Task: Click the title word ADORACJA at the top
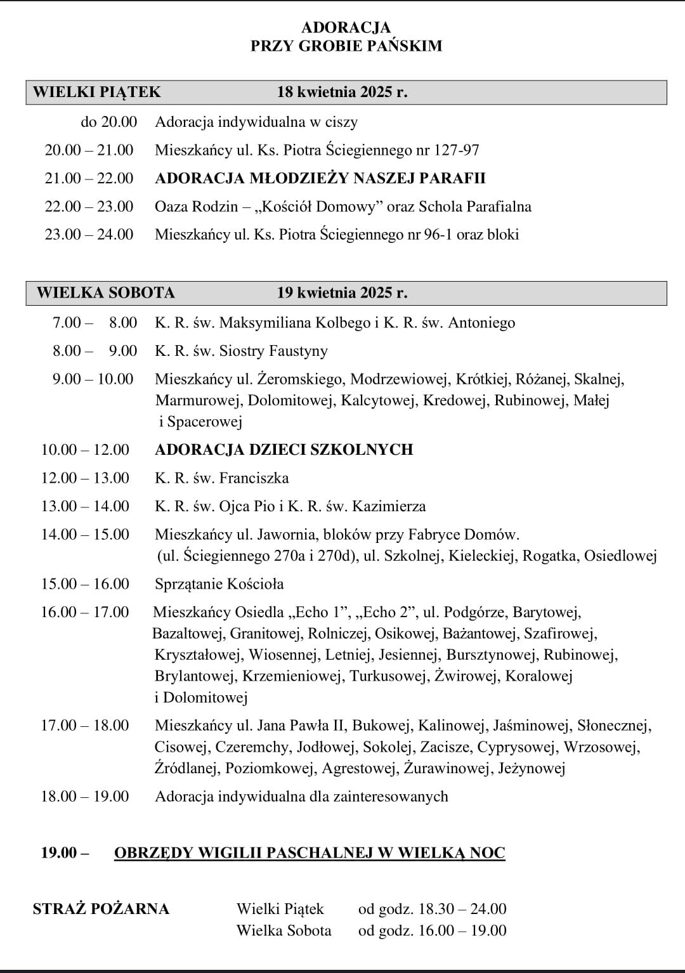346,27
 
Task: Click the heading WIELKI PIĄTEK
97,92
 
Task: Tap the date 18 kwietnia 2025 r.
342,92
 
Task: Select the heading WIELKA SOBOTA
105,292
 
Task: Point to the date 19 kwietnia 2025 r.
342,292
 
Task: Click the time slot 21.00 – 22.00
89,178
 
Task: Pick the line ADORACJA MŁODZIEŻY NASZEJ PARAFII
320,178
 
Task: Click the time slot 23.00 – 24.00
89,234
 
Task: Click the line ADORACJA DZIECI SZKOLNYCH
284,450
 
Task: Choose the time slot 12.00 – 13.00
85,478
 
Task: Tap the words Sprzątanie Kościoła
219,584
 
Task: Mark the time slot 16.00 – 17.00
85,612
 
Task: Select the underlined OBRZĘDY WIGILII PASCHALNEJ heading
310,852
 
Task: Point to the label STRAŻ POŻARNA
101,909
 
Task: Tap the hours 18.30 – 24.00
462,909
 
